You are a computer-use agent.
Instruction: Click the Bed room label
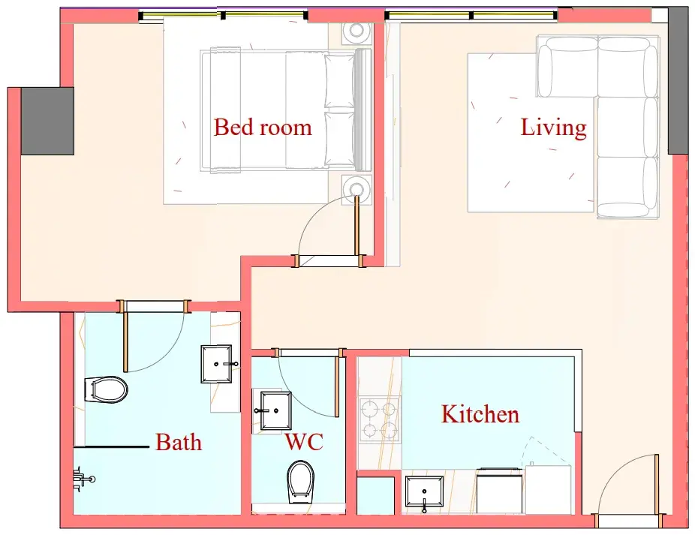(263, 128)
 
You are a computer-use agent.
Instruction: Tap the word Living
(553, 128)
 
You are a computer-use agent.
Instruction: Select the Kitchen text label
(480, 414)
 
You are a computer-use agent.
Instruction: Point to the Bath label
(179, 443)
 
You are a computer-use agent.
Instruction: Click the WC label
(304, 441)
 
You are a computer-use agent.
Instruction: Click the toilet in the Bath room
(106, 389)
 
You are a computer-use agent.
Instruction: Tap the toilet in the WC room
(300, 482)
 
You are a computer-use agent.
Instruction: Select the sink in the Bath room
(216, 364)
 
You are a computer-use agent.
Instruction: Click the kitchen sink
(424, 492)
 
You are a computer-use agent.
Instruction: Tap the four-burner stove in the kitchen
(380, 419)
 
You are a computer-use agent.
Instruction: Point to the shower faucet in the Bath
(83, 479)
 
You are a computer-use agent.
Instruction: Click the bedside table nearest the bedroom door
(357, 189)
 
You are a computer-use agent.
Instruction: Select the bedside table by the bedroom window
(357, 31)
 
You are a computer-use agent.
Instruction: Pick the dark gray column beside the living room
(678, 81)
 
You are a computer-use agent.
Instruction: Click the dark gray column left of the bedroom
(47, 121)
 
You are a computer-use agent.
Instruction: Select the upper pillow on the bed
(340, 81)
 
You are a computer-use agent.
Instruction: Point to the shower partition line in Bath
(111, 446)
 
